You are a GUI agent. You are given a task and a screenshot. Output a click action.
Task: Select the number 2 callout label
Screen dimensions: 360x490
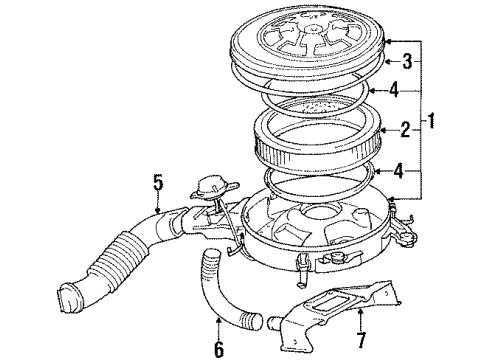(406, 128)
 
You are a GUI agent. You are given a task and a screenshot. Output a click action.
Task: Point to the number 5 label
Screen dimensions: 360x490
(157, 183)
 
